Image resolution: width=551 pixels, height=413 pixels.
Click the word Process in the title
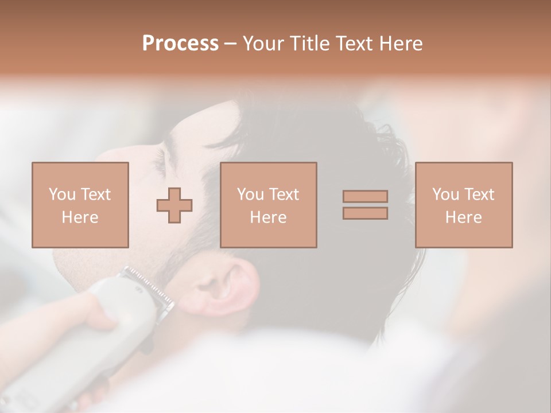(180, 44)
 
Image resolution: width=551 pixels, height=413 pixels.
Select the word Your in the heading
(265, 44)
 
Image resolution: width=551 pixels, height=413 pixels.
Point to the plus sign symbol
(174, 205)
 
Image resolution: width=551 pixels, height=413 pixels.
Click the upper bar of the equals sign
(365, 196)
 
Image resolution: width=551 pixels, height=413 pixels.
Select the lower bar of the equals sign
(365, 213)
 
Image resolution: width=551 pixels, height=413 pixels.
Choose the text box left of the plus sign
(80, 205)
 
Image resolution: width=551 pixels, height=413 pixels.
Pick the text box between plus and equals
(269, 205)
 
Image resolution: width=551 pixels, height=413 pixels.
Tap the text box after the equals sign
(464, 205)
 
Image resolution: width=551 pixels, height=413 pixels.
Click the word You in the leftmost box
(61, 194)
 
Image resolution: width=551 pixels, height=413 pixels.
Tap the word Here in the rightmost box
(464, 217)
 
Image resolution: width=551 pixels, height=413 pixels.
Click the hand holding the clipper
(92, 313)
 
